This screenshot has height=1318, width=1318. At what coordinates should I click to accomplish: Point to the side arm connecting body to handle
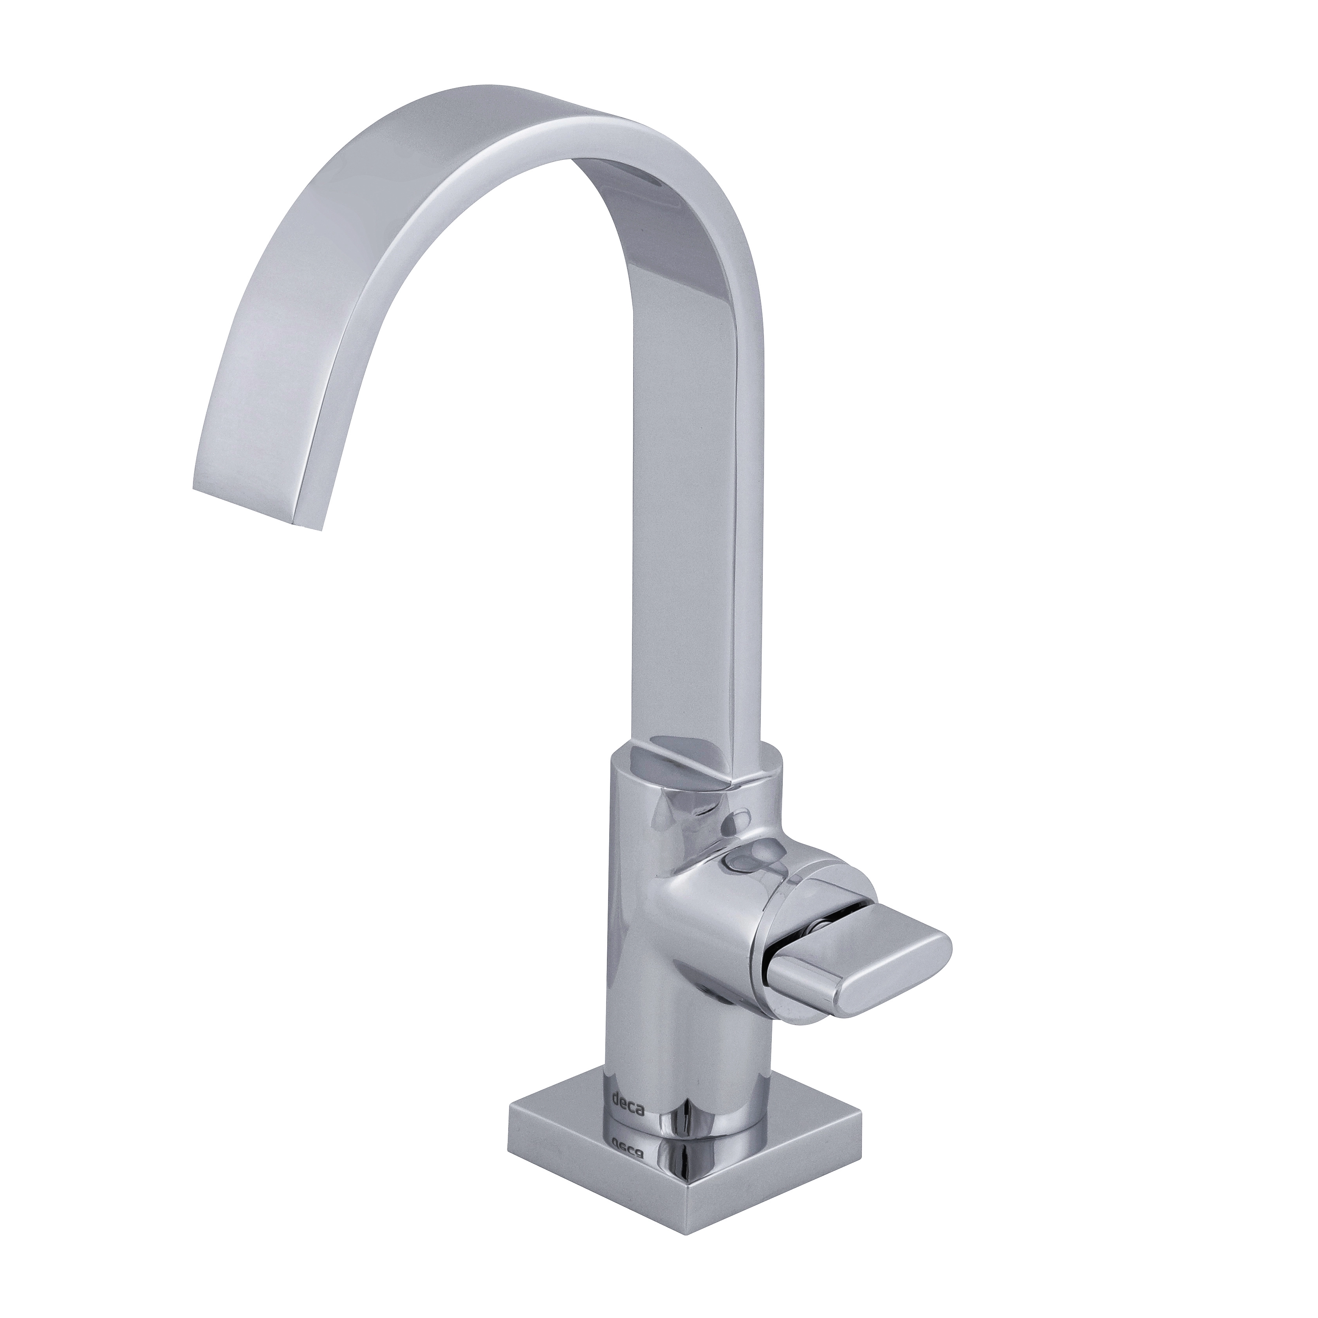710,907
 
